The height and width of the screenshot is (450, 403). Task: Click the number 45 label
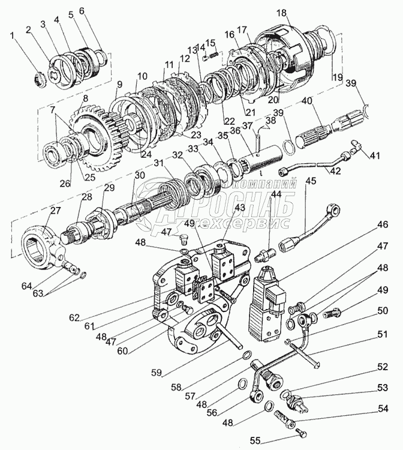(x=310, y=181)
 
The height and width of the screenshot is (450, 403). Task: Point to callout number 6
(x=82, y=12)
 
